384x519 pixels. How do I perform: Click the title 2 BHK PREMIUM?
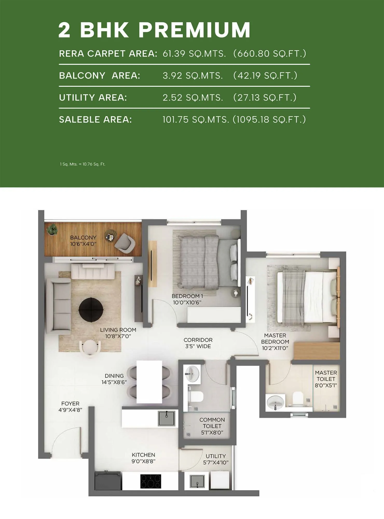tap(154, 30)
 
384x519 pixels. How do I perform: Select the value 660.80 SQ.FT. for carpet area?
tap(270, 53)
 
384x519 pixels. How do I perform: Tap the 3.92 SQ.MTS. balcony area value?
tap(193, 76)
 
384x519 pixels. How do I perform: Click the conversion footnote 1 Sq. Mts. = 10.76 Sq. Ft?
tap(83, 164)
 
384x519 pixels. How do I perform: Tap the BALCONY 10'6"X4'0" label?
tap(83, 241)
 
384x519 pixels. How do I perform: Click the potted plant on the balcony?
tap(52, 229)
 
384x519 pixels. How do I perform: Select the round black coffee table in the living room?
tap(91, 310)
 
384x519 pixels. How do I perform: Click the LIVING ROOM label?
tap(118, 333)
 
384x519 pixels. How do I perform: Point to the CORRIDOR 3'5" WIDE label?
tap(198, 343)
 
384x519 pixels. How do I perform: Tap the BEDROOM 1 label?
tap(187, 299)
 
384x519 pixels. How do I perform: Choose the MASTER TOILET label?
tap(326, 379)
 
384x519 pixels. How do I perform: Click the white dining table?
tap(149, 381)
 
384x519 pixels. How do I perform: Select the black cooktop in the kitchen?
tap(150, 481)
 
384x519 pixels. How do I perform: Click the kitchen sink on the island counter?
tap(167, 418)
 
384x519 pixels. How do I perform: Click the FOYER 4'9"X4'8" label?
tap(70, 406)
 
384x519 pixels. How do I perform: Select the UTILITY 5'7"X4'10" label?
tap(216, 459)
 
